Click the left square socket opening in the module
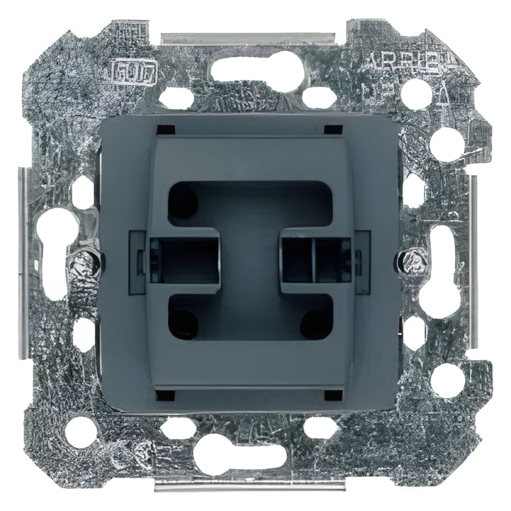click(186, 259)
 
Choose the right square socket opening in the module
click(316, 259)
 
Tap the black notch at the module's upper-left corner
click(165, 130)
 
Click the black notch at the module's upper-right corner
click(332, 130)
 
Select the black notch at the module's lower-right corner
click(332, 394)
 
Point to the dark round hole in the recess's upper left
click(182, 200)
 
